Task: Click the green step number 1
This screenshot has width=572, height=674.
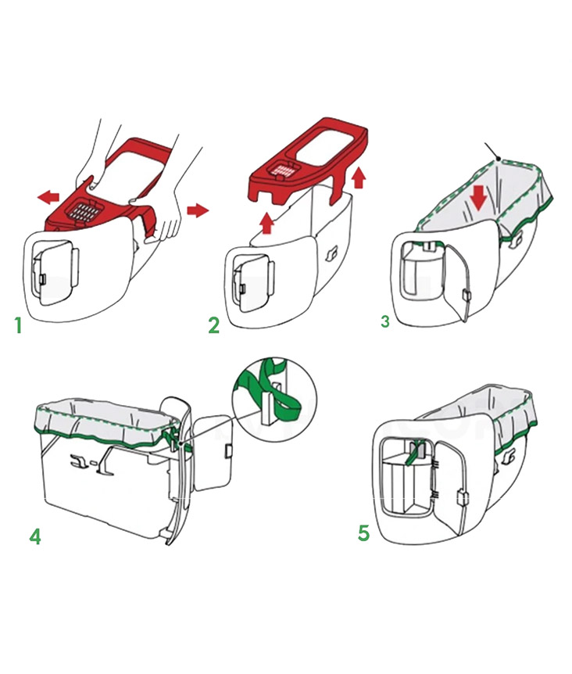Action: [x=18, y=325]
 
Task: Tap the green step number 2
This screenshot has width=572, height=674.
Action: [x=213, y=325]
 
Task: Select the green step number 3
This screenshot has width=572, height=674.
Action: [x=385, y=321]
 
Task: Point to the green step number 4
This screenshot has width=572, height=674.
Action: [x=35, y=536]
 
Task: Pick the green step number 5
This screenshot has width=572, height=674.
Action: [x=363, y=533]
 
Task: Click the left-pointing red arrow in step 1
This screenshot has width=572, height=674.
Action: [x=48, y=198]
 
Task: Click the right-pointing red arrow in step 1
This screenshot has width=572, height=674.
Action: [x=198, y=210]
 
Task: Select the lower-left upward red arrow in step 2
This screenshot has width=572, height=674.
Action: [x=267, y=224]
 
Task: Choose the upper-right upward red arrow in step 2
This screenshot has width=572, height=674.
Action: [x=359, y=178]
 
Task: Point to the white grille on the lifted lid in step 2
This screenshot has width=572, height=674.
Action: [x=284, y=172]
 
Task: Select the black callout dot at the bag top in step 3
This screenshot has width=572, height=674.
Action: [x=498, y=159]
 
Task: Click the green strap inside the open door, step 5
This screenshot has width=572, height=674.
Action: [x=413, y=453]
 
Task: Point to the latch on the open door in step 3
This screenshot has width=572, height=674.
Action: [x=466, y=296]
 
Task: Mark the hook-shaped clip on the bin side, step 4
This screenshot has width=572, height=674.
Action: [x=80, y=461]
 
